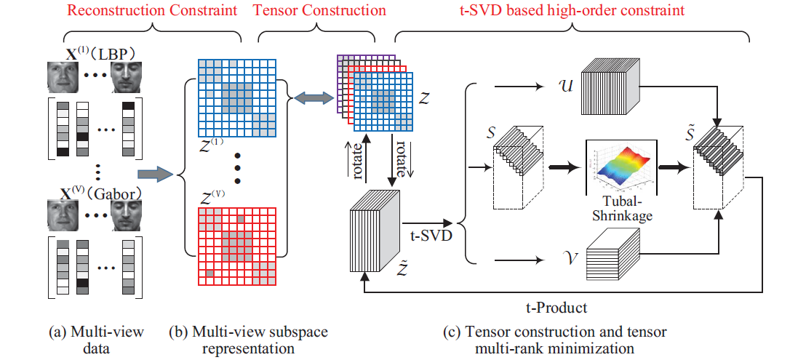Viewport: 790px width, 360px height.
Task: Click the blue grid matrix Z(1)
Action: pos(236,97)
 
